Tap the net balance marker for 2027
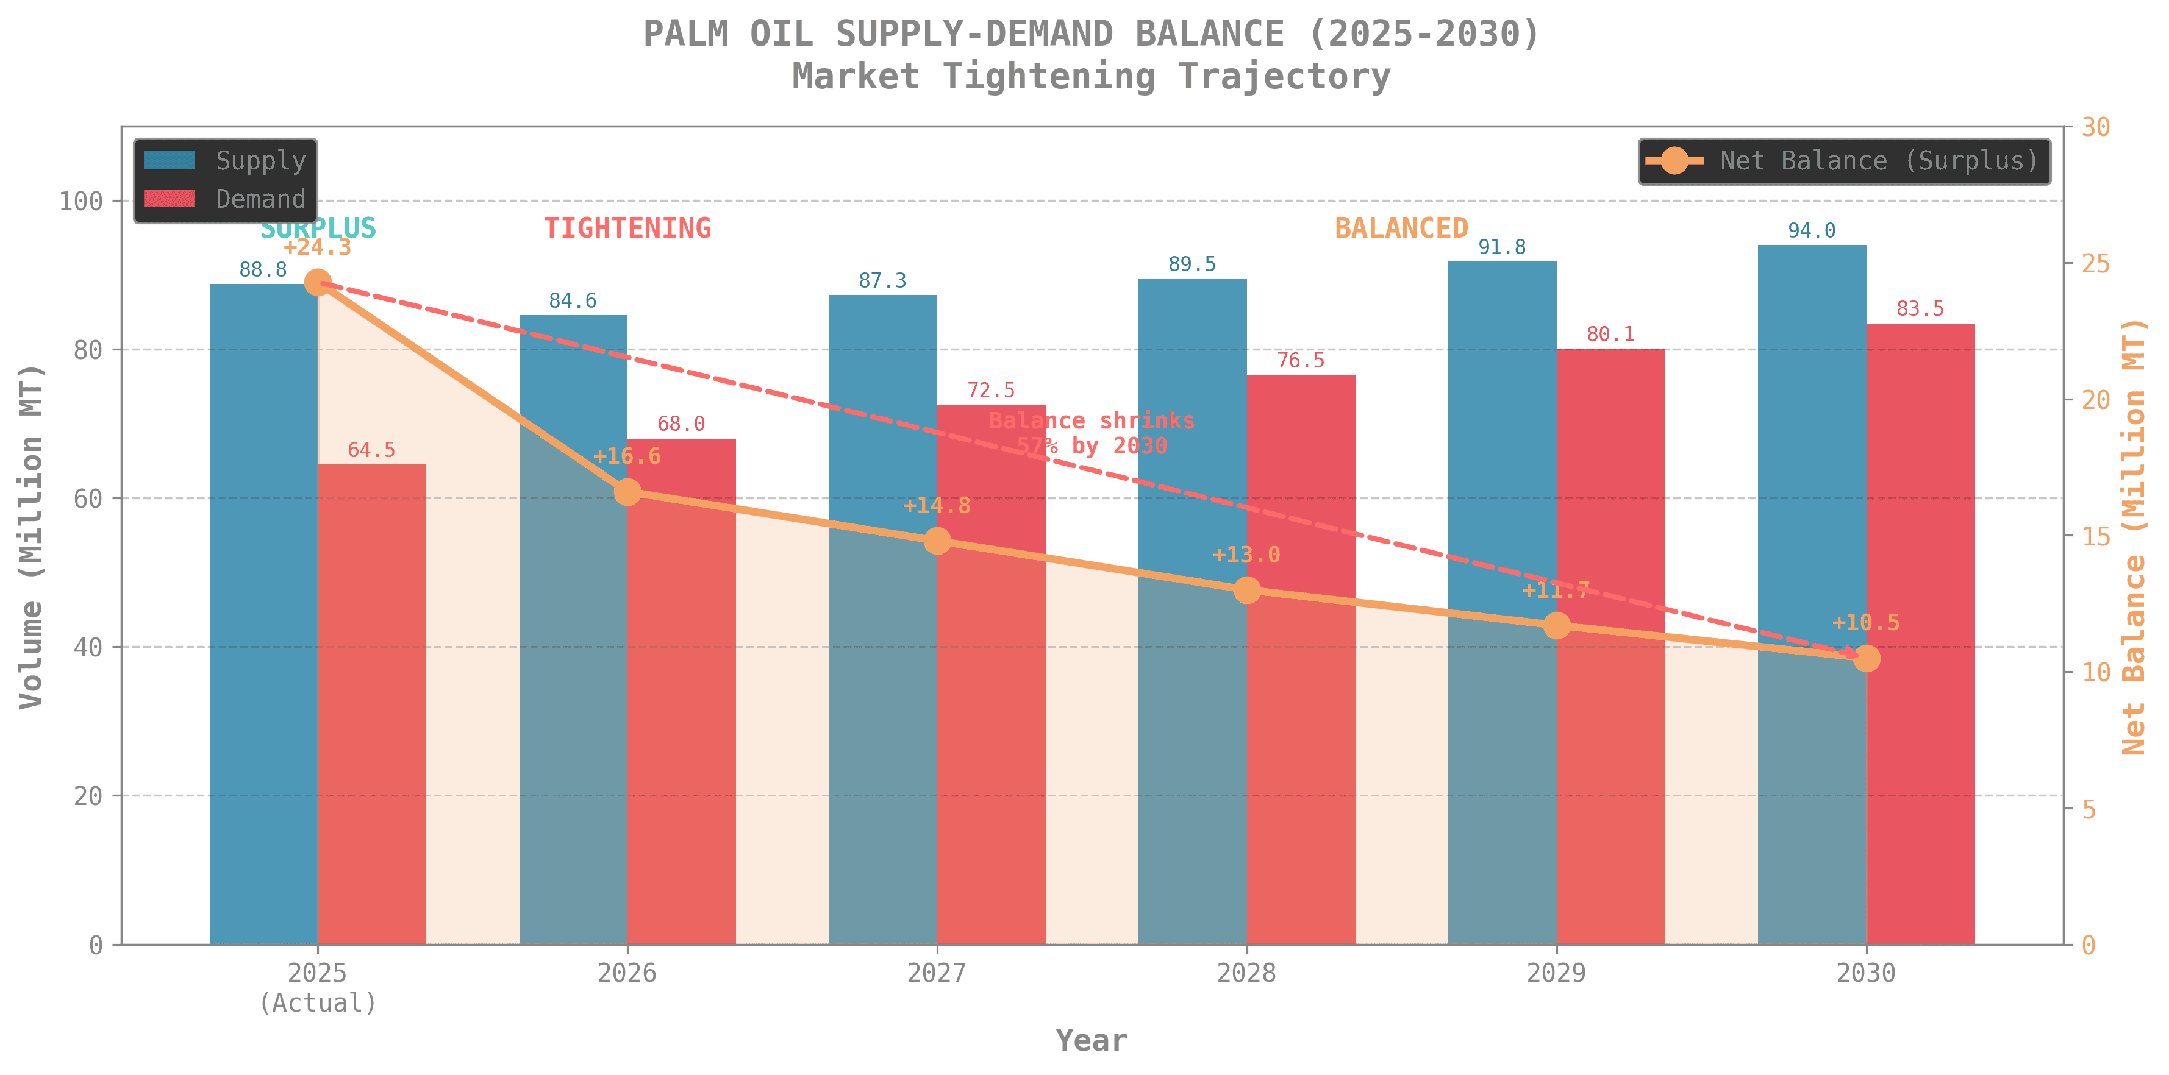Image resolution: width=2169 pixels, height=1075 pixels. pyautogui.click(x=937, y=541)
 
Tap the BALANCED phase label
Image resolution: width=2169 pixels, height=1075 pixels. pyautogui.click(x=1401, y=228)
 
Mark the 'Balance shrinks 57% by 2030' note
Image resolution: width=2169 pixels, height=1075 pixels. pyautogui.click(x=1092, y=433)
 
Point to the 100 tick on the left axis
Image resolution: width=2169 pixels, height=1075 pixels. pyautogui.click(x=80, y=201)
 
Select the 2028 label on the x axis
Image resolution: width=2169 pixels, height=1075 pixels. pyautogui.click(x=1246, y=973)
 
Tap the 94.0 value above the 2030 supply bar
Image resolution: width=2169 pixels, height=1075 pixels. pyautogui.click(x=1811, y=230)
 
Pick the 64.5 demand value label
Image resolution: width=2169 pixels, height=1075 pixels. pyautogui.click(x=371, y=450)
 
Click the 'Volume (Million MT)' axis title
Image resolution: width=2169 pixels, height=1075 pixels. pyautogui.click(x=31, y=536)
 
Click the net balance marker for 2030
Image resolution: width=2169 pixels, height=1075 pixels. pyautogui.click(x=1867, y=658)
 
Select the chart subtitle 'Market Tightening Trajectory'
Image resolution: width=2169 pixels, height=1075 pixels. pyautogui.click(x=1092, y=77)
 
